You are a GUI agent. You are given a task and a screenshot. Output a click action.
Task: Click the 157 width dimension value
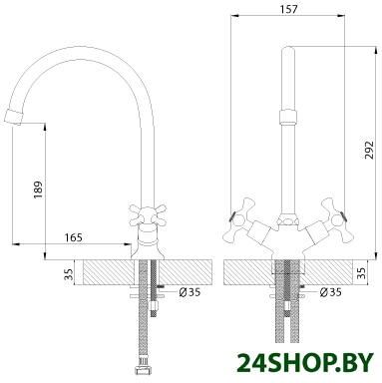coord(288,9)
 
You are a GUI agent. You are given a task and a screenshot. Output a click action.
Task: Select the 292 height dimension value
coord(369,151)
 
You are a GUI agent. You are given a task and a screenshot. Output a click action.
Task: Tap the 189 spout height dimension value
coord(38,191)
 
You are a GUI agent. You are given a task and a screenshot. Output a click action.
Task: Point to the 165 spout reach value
coord(73,237)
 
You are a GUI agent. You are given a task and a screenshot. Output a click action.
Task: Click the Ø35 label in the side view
coord(190,292)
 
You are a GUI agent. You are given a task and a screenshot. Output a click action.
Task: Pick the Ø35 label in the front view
coord(330,292)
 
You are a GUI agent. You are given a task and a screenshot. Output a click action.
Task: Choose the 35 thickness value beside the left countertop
coord(69,273)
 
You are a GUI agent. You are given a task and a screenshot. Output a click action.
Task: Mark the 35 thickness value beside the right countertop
coord(363,272)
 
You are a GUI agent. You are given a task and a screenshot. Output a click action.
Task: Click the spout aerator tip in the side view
coord(14,117)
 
